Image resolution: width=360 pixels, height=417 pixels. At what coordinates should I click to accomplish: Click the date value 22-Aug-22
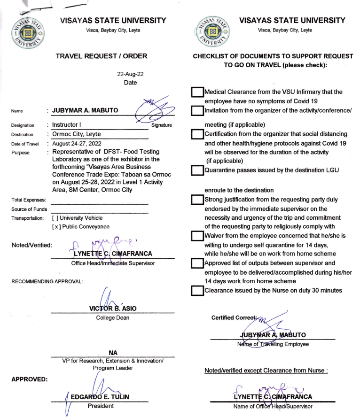tap(130, 74)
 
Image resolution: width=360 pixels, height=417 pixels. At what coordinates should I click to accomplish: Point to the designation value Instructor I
tap(68, 125)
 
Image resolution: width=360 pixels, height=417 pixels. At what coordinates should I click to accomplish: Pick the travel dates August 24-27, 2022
tap(78, 143)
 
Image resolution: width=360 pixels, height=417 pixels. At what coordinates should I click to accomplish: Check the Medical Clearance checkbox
tap(197, 93)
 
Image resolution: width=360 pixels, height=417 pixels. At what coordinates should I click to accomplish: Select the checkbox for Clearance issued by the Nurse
tap(197, 291)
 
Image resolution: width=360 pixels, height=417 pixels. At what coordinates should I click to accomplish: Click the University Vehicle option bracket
tap(55, 218)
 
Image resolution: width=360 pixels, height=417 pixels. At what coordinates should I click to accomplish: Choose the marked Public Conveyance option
tap(55, 227)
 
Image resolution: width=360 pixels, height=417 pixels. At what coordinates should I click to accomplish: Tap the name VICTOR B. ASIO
tap(112, 309)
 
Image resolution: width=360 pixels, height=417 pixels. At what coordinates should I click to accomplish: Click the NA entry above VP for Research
tap(112, 352)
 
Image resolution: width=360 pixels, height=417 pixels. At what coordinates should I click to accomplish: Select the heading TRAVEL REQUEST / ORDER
tap(102, 56)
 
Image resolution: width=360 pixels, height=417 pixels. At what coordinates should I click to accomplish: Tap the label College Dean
tap(112, 318)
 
